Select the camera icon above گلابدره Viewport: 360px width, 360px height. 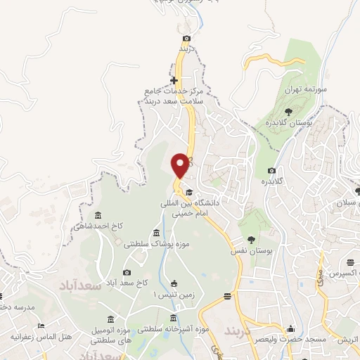271,170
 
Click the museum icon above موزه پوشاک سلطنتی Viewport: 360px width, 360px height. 156,233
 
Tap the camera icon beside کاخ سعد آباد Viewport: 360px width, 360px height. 127,272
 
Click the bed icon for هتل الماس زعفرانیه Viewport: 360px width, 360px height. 41,326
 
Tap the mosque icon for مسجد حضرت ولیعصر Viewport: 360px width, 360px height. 290,328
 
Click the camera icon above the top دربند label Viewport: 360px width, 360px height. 186,38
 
